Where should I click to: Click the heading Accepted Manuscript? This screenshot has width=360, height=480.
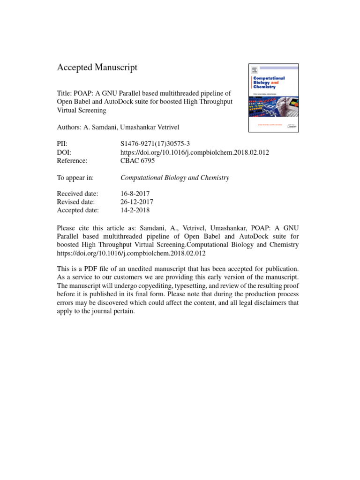pos(97,67)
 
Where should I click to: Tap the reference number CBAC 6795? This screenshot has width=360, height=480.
pos(137,160)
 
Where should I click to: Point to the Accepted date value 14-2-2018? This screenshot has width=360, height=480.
pos(135,210)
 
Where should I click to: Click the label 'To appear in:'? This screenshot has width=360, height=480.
pos(75,178)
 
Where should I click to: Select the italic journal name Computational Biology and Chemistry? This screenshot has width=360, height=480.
pos(175,178)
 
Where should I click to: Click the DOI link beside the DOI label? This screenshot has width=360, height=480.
pos(195,152)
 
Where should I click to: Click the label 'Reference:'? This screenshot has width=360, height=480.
pos(72,160)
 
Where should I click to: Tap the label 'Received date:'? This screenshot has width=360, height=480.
pos(77,194)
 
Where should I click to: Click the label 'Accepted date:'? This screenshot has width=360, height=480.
pos(78,210)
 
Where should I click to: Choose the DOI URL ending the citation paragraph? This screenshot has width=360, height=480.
pos(131,253)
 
